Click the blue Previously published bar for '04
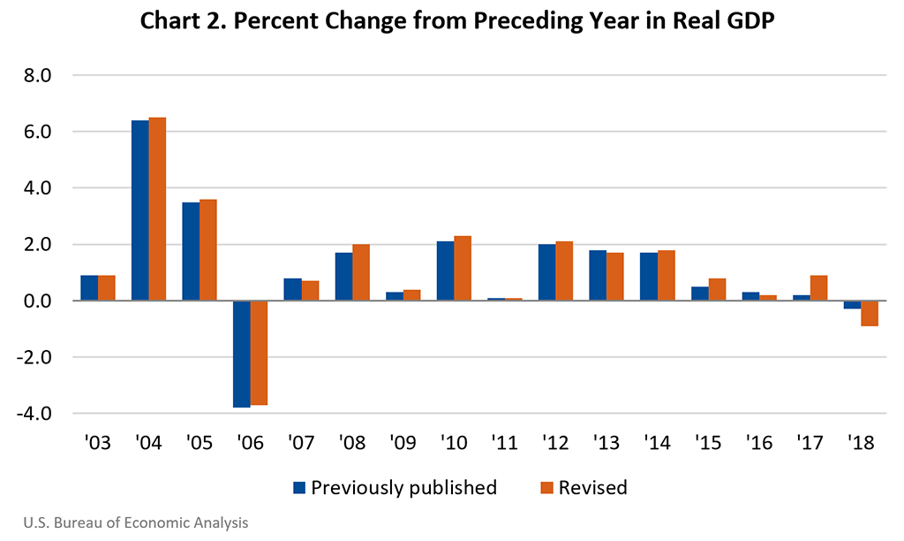[140, 210]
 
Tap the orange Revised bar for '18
[870, 313]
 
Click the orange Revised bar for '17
[818, 288]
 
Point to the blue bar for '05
[191, 251]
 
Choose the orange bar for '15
[717, 289]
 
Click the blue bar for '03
[89, 288]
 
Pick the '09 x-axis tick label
[403, 443]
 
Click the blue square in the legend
[298, 487]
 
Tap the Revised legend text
[592, 487]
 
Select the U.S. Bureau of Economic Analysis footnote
[131, 522]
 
